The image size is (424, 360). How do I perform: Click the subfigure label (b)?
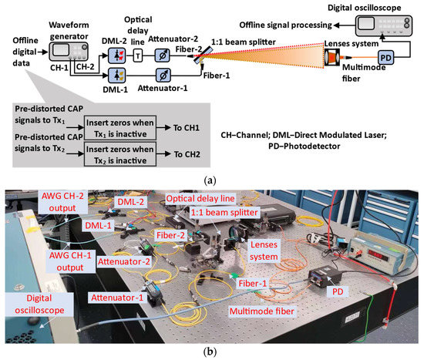pos(212,352)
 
